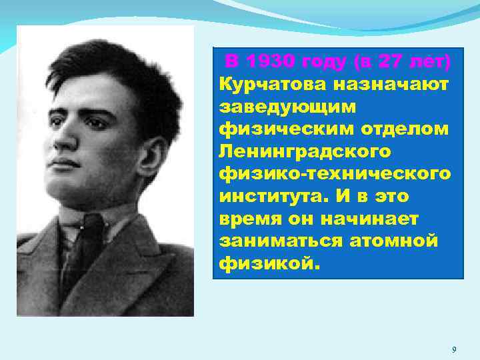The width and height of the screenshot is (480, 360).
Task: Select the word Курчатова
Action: click(266, 85)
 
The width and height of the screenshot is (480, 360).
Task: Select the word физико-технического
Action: click(334, 173)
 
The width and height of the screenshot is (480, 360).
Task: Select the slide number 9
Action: click(453, 350)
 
